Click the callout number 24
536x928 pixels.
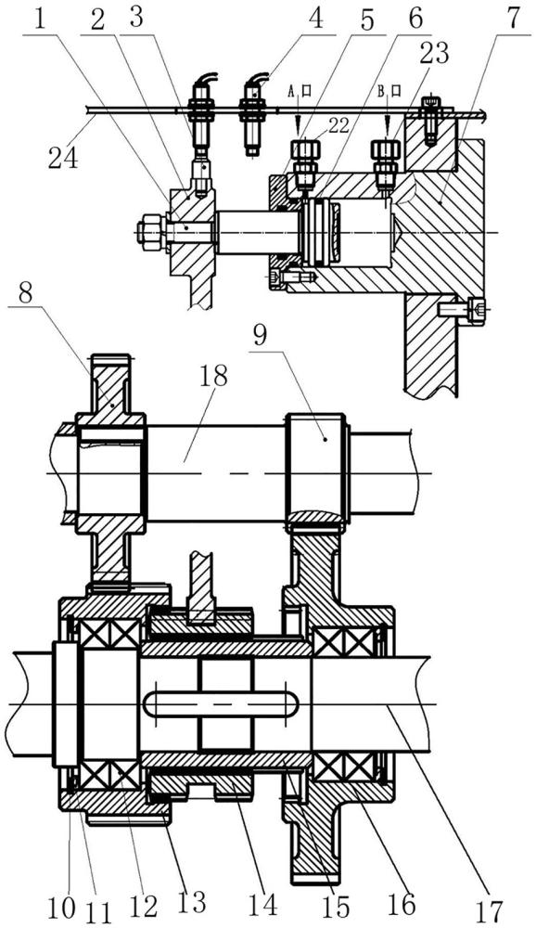pos(63,158)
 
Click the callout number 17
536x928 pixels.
pos(490,911)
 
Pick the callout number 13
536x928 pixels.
pos(192,902)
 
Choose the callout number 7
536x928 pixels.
pos(512,19)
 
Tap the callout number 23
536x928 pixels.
pos(434,54)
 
